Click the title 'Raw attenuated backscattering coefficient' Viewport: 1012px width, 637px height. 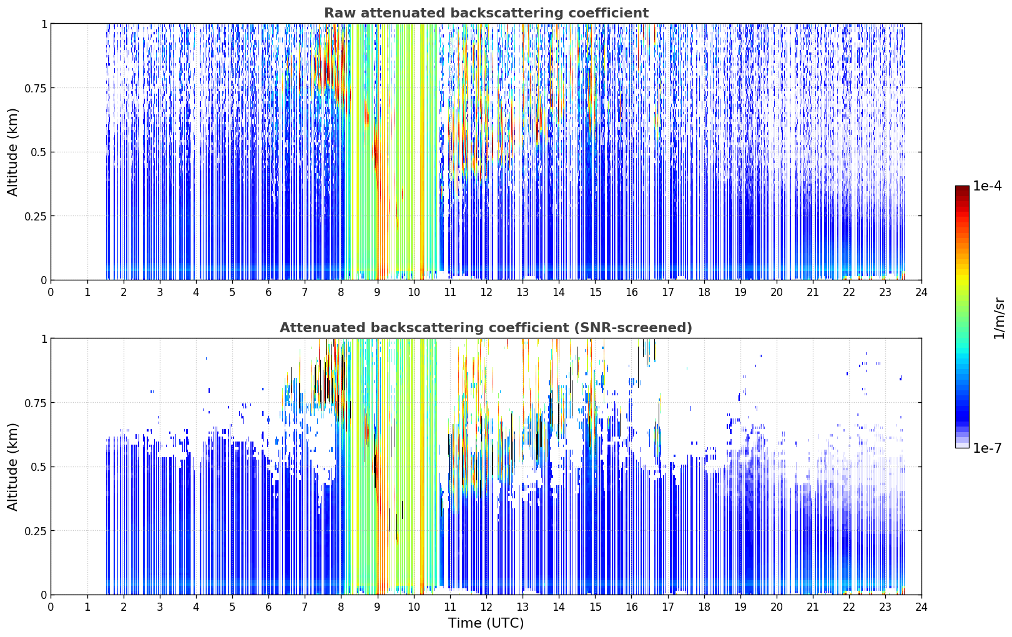point(486,13)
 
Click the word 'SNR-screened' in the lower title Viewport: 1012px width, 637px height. point(632,327)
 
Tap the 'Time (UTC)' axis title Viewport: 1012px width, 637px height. point(486,623)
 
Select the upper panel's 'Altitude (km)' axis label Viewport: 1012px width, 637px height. point(12,152)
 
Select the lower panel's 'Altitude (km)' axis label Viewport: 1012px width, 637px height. point(12,467)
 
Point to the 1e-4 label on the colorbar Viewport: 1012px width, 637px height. point(987,185)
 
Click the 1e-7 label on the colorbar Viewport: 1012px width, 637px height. point(987,448)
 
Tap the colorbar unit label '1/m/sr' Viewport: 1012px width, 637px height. point(999,318)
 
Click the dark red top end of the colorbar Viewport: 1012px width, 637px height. point(962,188)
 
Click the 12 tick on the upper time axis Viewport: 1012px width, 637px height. point(486,292)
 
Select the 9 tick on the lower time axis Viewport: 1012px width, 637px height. point(377,607)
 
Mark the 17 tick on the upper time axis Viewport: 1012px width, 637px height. point(668,292)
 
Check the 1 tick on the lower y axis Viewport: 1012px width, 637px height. point(44,339)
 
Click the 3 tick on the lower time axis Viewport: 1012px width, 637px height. point(159,607)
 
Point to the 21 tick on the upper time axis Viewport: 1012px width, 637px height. point(813,292)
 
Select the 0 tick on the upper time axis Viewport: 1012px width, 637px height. point(51,292)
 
